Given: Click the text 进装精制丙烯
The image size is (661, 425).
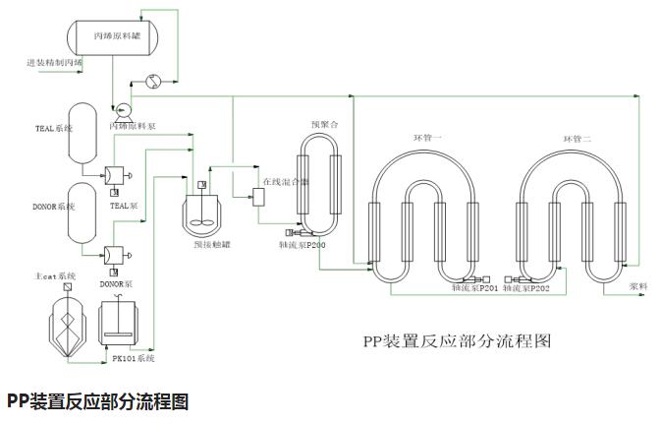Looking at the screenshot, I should click(x=54, y=63).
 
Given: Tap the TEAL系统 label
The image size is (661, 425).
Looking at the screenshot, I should click(x=54, y=129).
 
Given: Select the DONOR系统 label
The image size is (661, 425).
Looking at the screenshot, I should click(x=53, y=207).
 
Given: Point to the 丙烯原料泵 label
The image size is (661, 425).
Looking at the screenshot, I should click(x=132, y=127).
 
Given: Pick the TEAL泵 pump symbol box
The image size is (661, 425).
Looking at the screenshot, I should click(x=115, y=175).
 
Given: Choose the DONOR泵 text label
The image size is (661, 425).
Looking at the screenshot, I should click(x=116, y=283).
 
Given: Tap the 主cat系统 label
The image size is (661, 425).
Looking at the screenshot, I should click(x=55, y=276).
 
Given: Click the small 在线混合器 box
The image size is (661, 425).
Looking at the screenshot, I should click(x=259, y=196).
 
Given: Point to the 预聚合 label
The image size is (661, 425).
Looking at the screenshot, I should click(x=324, y=125).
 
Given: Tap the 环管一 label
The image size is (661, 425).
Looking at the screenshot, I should click(x=428, y=137).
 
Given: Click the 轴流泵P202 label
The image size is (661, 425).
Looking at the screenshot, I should click(x=526, y=289).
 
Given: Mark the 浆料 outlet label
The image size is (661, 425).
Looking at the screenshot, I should click(x=637, y=286).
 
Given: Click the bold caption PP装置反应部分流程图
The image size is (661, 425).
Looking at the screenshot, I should click(x=97, y=401).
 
